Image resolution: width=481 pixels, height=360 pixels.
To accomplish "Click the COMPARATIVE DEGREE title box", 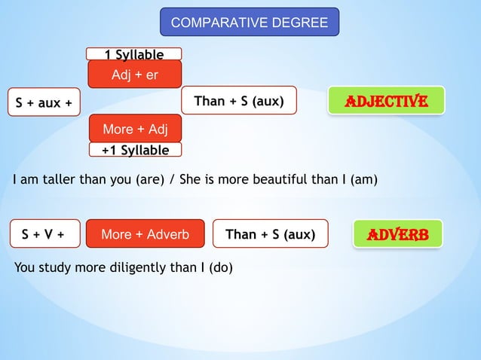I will point(250,23).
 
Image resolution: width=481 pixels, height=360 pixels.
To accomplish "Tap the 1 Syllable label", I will point(134,54).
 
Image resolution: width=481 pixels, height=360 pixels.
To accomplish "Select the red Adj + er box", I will point(134,75).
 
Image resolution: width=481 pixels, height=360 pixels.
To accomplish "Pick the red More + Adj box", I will point(134,129).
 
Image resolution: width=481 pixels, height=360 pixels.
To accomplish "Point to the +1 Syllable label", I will point(136,150).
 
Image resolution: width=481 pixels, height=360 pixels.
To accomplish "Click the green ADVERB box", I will point(397,234).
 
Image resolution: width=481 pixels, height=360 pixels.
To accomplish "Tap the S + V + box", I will point(42,234).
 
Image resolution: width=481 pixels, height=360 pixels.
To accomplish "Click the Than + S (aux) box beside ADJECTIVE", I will point(239,101).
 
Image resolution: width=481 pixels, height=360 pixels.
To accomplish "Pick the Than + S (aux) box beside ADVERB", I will point(270,234).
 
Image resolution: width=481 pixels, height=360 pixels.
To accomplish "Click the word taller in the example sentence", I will point(51,180).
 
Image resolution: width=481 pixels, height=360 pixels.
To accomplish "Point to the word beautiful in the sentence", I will point(269,180).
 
